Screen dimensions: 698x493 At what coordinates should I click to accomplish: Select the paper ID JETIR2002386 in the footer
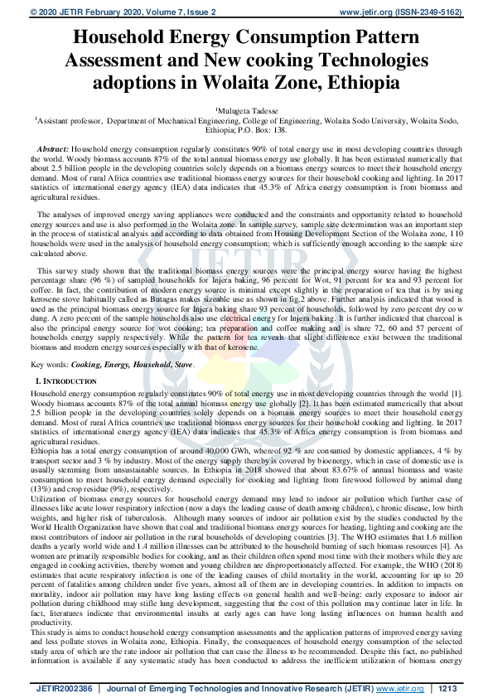tap(65, 687)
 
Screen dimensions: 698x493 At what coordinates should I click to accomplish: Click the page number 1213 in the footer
tap(447, 687)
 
